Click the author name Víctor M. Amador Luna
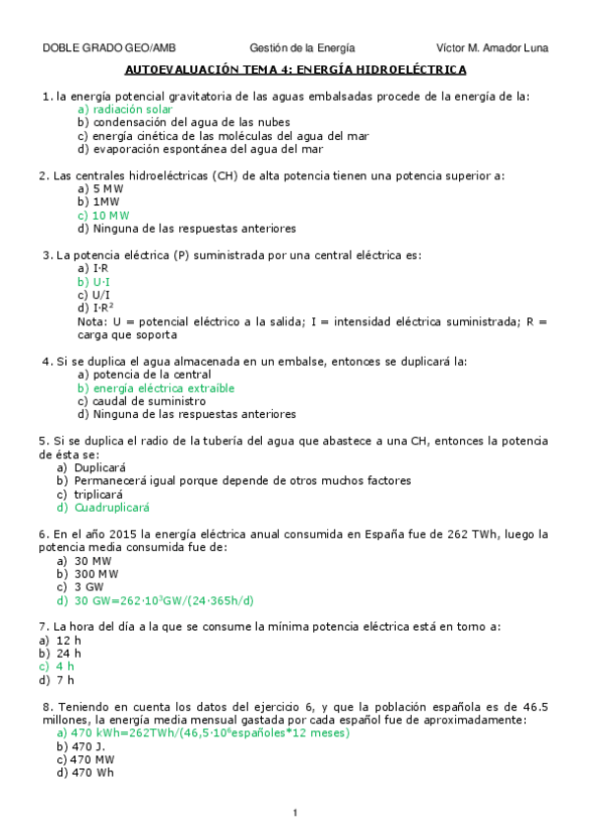[x=492, y=47]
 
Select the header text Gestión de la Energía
[x=301, y=47]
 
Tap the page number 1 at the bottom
[x=295, y=812]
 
